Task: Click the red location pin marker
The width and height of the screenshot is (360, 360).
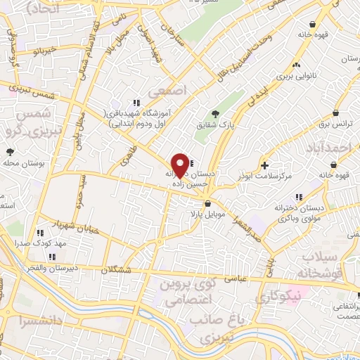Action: coord(181,165)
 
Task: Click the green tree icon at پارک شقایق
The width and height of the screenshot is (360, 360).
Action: coord(215,114)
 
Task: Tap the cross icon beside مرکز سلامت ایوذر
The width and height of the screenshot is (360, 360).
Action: coord(264,165)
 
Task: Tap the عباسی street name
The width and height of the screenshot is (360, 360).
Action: coord(236,278)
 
